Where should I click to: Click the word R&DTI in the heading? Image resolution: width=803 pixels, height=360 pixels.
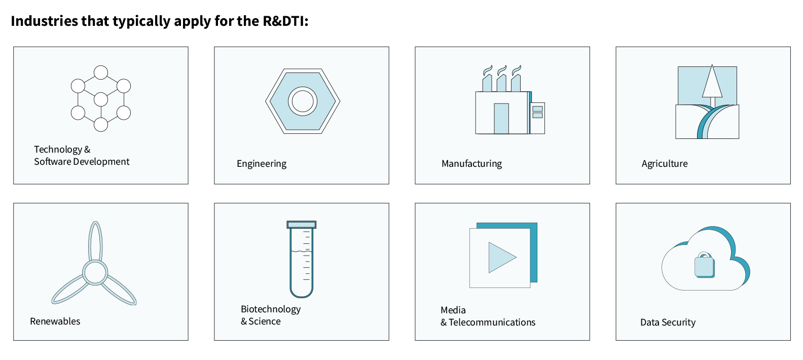tap(284, 21)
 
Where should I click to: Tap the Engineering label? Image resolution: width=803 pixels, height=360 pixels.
tap(262, 164)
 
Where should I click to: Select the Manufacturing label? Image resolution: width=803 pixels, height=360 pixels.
tap(471, 164)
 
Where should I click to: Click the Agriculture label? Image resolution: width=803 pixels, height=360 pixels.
tap(665, 164)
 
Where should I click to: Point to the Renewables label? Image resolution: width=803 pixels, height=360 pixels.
tap(55, 321)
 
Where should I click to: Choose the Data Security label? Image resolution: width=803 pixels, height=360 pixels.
tap(668, 322)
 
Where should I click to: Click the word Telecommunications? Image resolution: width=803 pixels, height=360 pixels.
tap(492, 322)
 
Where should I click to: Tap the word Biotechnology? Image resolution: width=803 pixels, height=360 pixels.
tap(271, 309)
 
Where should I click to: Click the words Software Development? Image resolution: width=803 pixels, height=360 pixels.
tap(82, 162)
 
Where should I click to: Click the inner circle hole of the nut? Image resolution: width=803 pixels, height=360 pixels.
tap(303, 101)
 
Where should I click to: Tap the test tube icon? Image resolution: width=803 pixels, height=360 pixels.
tap(302, 264)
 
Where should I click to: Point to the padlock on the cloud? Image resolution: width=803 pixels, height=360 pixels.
tap(704, 265)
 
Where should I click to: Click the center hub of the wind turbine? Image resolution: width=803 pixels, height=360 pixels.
tap(95, 272)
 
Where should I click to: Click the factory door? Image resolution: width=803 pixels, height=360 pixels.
tap(501, 119)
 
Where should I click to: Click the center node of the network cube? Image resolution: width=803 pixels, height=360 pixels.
tap(101, 99)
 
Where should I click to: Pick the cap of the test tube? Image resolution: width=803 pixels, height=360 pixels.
tap(302, 224)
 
